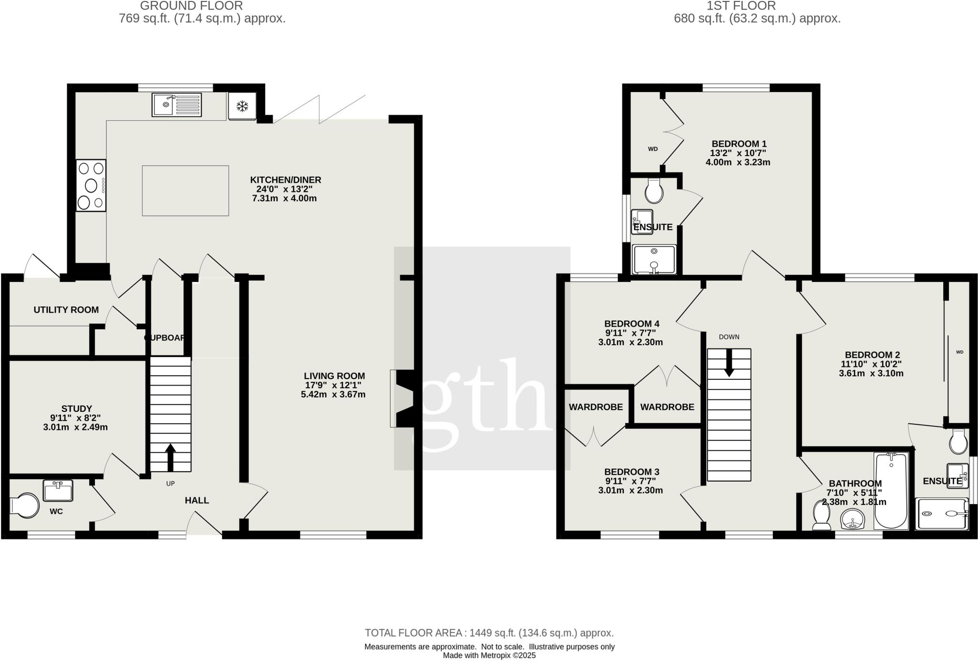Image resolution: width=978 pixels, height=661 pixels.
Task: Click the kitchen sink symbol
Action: (177, 105)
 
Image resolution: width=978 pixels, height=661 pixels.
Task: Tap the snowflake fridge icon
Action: (242, 106)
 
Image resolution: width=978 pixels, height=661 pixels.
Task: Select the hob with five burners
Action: (91, 185)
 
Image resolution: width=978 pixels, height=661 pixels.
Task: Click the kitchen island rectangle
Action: (185, 190)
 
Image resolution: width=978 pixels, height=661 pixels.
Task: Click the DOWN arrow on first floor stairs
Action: (729, 362)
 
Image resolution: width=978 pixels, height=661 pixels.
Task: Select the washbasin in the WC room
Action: (58, 491)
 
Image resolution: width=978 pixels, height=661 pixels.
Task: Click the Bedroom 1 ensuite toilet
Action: (653, 191)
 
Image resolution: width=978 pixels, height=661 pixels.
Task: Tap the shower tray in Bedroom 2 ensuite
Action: (942, 514)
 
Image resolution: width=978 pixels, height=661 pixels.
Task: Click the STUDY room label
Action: (76, 409)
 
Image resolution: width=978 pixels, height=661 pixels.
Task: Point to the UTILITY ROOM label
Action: (66, 310)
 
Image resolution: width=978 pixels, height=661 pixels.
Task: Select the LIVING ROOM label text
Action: (334, 376)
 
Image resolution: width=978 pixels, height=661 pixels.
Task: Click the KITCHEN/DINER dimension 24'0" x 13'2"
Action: (285, 189)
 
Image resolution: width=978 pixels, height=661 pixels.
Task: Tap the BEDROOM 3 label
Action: (631, 472)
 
